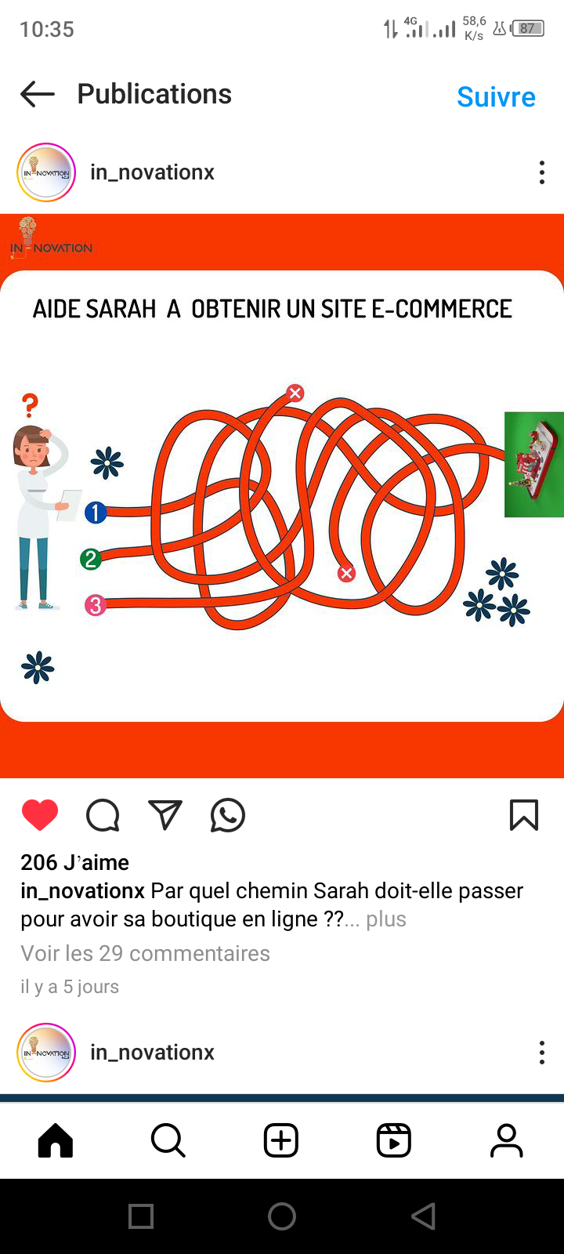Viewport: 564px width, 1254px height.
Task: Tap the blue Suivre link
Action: coord(496,97)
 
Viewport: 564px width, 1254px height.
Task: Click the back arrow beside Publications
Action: coord(38,93)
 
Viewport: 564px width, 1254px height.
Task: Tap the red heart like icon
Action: coord(40,814)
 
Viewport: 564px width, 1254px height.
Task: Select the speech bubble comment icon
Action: coord(103,815)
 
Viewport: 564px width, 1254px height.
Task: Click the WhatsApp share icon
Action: coord(228,815)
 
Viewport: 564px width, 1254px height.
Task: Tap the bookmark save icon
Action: coord(524,814)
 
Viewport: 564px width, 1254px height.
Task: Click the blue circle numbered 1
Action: coord(96,513)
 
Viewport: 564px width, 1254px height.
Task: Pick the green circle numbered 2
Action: coord(91,559)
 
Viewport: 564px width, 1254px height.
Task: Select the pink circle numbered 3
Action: coord(95,604)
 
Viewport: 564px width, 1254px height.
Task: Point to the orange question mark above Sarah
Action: coord(31,405)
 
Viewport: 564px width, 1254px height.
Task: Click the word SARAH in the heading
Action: coord(121,309)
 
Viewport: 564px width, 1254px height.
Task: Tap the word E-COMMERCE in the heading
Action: coord(442,309)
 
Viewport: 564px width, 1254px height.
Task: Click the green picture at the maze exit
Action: coord(533,465)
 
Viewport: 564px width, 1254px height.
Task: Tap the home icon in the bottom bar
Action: coord(56,1140)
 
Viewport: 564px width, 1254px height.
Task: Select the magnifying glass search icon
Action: coord(168,1140)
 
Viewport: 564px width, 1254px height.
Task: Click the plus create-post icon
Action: coord(281,1140)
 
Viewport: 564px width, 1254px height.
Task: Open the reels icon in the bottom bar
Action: coord(394,1140)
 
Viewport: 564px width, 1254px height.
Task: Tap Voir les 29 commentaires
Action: coord(146,953)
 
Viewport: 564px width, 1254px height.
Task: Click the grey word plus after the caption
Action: coord(386,919)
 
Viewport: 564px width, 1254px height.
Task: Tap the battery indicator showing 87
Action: coord(527,28)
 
